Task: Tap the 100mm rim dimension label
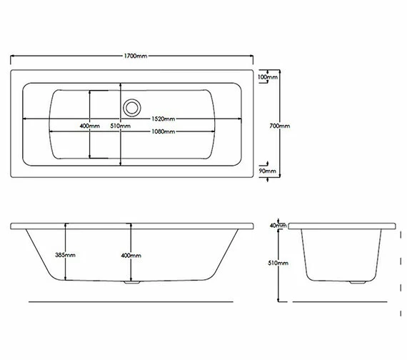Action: (267, 76)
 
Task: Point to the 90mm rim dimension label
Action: (267, 172)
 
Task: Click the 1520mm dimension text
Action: (164, 119)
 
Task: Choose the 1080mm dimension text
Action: (163, 131)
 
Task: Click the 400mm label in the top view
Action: (89, 126)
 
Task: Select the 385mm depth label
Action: (65, 255)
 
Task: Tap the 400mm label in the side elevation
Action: (131, 255)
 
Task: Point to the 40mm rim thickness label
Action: (278, 226)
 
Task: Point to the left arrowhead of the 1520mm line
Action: (26, 119)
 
